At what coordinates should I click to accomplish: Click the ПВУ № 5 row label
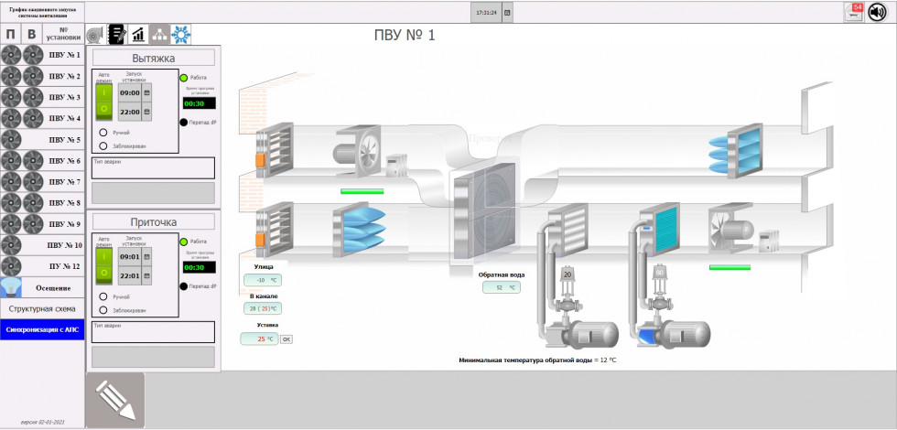[64, 140]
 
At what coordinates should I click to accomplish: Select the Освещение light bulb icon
[11, 287]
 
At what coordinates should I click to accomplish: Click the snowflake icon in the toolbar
[182, 35]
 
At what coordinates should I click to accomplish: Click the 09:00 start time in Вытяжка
[129, 93]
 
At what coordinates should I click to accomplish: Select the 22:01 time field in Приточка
[129, 275]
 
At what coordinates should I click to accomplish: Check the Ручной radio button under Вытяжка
[103, 133]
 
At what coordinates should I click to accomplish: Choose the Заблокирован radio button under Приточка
[103, 310]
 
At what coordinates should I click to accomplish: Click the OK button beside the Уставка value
[286, 339]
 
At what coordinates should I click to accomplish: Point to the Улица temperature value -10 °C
[262, 280]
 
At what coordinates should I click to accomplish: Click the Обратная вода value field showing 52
[501, 287]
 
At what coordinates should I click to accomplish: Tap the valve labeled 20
[567, 274]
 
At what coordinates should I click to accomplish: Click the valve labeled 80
[658, 273]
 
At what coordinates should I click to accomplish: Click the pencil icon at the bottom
[115, 400]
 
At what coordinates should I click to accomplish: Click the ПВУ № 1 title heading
[405, 35]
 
